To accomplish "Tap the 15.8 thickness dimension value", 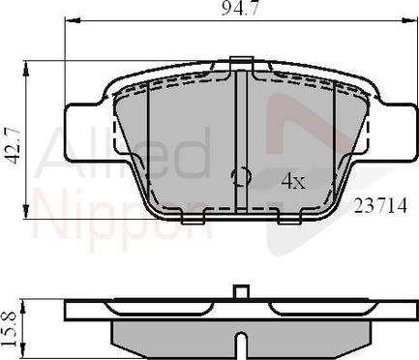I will tap(13, 325).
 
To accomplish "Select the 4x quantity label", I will tap(293, 179).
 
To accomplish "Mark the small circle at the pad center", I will tap(241, 176).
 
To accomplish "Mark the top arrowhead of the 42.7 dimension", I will tap(25, 68).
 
